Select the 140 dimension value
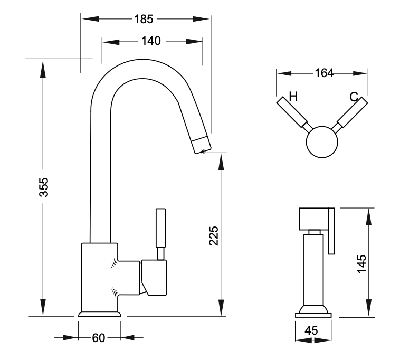(151, 42)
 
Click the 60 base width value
(99, 338)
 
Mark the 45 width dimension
(311, 331)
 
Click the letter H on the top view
(293, 97)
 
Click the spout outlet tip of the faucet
(201, 142)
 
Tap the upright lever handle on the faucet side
(160, 228)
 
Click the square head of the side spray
(313, 219)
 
